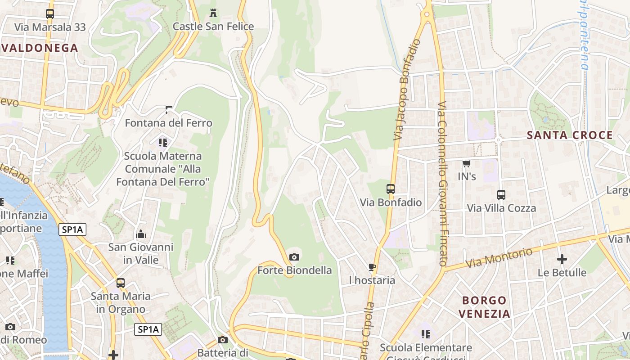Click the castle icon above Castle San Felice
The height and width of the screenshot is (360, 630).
pyautogui.click(x=213, y=13)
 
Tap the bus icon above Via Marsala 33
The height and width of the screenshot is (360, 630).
pyautogui.click(x=50, y=14)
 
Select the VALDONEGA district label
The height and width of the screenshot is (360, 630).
pyautogui.click(x=40, y=48)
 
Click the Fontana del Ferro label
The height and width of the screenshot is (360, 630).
pyautogui.click(x=168, y=123)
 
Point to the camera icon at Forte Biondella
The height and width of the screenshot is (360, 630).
pyautogui.click(x=294, y=257)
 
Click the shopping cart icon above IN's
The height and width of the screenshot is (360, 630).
pyautogui.click(x=467, y=163)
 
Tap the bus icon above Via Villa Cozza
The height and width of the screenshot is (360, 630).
pyautogui.click(x=501, y=195)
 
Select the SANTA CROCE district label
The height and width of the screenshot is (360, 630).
pyautogui.click(x=570, y=135)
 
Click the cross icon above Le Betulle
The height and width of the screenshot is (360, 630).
pyautogui.click(x=562, y=259)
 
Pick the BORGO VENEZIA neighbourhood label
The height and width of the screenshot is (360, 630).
pyautogui.click(x=484, y=307)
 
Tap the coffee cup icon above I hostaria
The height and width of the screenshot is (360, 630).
pyautogui.click(x=372, y=267)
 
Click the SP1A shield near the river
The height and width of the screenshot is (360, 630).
pyautogui.click(x=72, y=230)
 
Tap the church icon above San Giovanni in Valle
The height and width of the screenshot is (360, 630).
pyautogui.click(x=141, y=234)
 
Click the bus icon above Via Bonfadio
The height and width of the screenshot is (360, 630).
pyautogui.click(x=391, y=189)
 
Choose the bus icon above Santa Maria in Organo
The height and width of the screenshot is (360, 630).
pyautogui.click(x=120, y=283)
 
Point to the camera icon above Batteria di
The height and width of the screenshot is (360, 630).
pyautogui.click(x=223, y=340)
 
